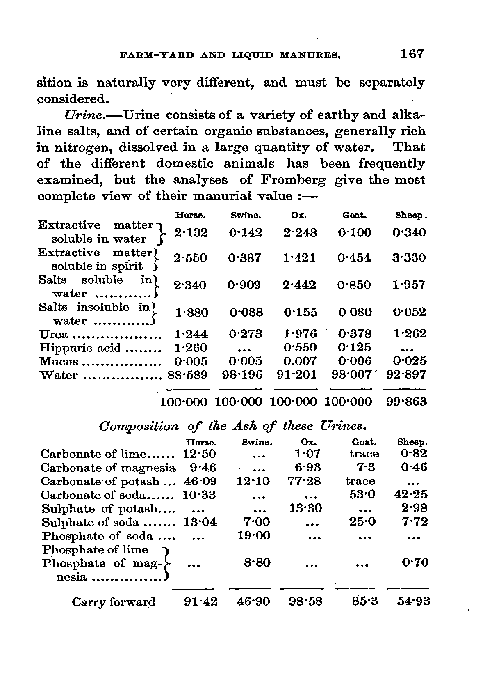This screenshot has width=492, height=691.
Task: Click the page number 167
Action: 412,54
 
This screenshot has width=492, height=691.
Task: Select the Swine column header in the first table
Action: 246,216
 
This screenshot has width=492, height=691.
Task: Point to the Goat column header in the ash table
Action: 364,442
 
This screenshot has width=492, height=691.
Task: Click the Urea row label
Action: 53,334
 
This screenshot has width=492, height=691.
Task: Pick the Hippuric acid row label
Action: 80,348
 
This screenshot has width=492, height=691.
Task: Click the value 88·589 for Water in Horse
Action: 188,375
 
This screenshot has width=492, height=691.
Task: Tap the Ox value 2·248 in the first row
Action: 300,233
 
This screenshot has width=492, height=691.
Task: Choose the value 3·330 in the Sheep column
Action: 409,258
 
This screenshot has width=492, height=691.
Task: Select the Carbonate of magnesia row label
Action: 108,468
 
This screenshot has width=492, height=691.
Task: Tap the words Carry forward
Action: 114,602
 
